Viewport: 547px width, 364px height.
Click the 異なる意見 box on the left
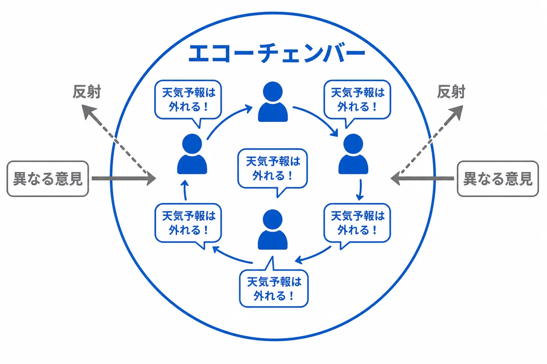coord(47,178)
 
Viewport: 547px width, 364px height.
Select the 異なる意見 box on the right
coord(498,178)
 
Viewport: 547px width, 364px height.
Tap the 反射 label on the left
coord(87,92)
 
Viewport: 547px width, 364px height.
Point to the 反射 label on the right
coord(451,92)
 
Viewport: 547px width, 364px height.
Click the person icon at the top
coord(273,101)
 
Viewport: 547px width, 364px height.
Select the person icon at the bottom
coord(273,229)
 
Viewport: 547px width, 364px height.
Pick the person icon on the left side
coord(192,154)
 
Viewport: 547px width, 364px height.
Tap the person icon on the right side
coord(353,154)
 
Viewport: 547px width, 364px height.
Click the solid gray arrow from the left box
coord(124,178)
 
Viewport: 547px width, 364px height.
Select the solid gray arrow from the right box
coord(422,178)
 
